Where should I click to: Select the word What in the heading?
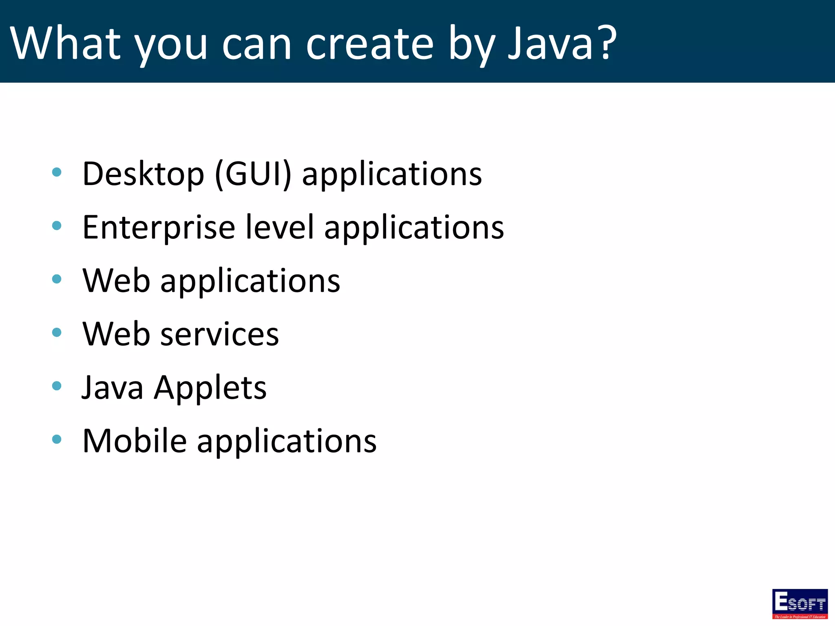(65, 43)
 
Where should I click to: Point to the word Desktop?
(143, 174)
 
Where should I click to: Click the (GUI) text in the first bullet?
(253, 174)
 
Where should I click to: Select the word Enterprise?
(159, 228)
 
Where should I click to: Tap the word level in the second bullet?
(280, 227)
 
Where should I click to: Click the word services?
(220, 335)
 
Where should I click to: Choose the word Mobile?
(135, 441)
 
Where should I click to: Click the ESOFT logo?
(800, 603)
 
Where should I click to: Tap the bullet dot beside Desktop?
(57, 172)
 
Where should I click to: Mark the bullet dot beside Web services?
(57, 333)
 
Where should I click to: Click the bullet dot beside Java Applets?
(57, 386)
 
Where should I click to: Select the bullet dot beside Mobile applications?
(57, 439)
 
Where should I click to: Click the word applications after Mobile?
(287, 442)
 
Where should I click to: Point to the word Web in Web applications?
(117, 281)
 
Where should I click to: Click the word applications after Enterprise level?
(414, 229)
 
